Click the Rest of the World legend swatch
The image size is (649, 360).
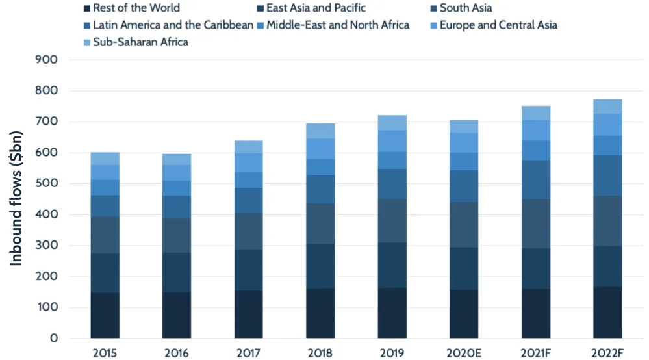[x=86, y=8]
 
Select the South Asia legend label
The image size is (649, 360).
[x=465, y=8]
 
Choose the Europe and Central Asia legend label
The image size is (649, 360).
[x=498, y=25]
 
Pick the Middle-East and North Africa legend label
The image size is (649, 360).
[x=338, y=25]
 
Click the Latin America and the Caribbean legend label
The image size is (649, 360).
[x=173, y=25]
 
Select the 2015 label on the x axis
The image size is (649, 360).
[x=105, y=353]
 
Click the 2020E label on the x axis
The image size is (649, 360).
[x=464, y=353]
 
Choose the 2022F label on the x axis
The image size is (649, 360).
[x=607, y=353]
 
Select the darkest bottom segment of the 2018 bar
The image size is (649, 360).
[x=320, y=313]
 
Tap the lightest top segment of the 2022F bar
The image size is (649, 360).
[x=607, y=107]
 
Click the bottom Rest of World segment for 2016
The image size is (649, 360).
[x=177, y=315]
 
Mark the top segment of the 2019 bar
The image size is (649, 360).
[x=392, y=123]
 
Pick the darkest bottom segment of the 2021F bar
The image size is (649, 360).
[x=536, y=313]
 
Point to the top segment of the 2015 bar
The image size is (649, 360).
[x=105, y=159]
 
